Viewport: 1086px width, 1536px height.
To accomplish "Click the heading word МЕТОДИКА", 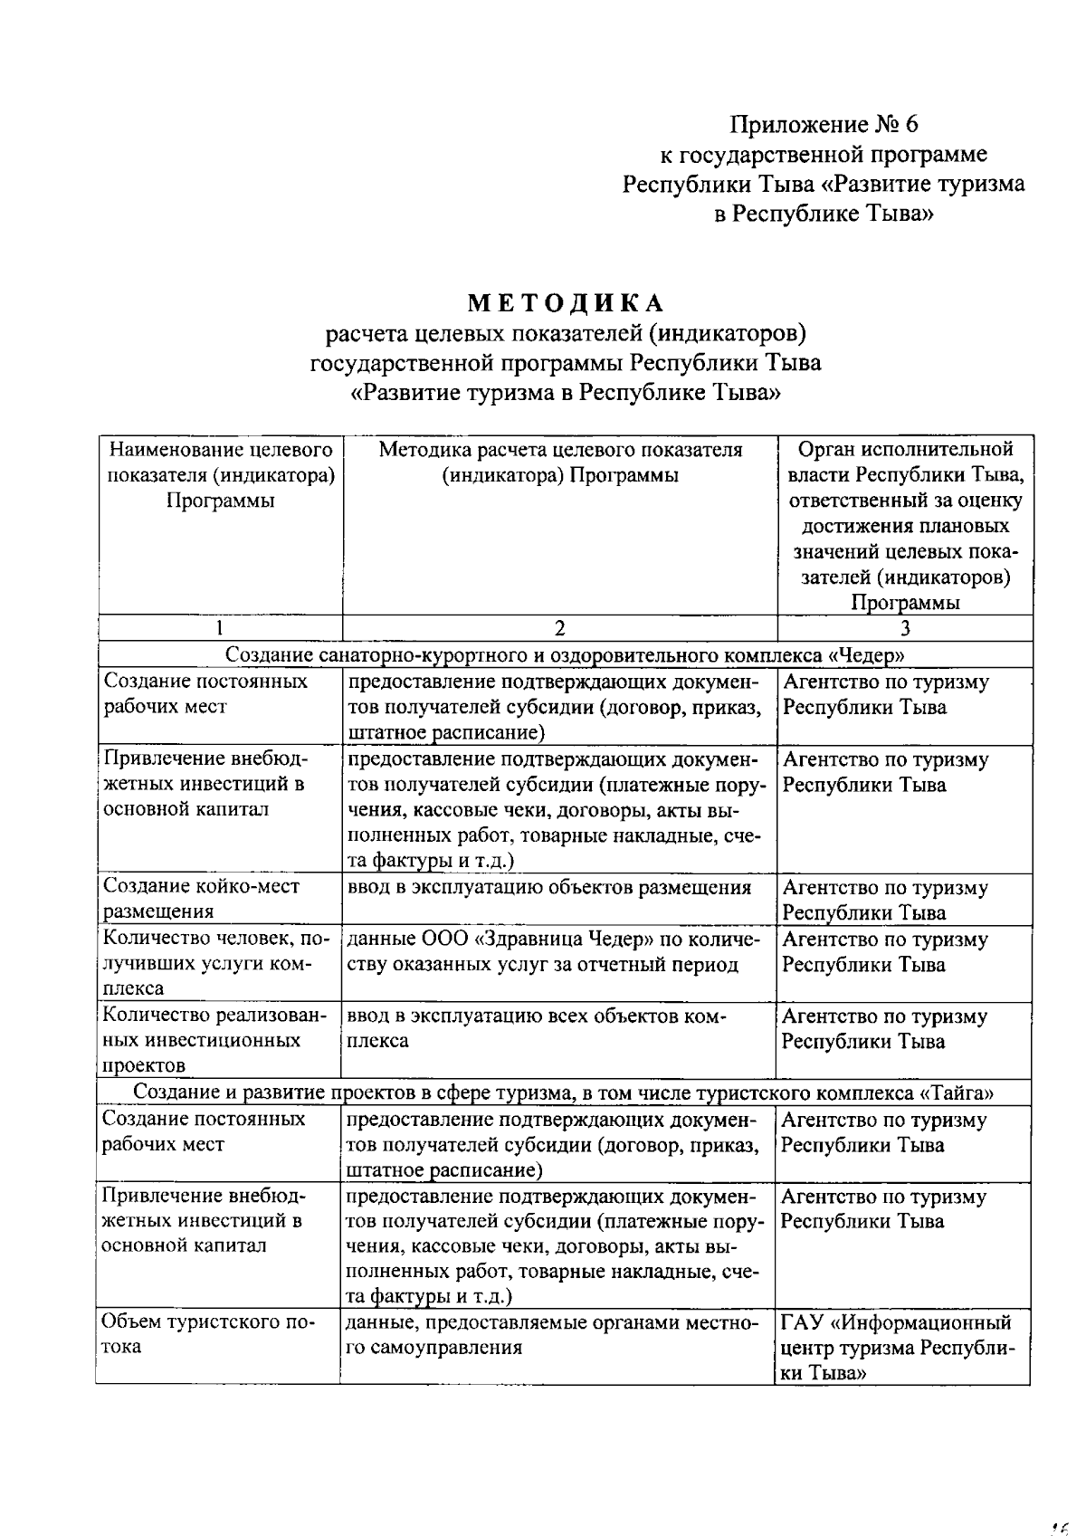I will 567,303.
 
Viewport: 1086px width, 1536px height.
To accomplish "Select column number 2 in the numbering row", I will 559,628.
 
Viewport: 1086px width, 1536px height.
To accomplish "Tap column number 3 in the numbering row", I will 904,628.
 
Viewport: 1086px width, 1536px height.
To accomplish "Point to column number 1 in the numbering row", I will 220,628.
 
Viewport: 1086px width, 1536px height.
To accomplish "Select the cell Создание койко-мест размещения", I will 202,899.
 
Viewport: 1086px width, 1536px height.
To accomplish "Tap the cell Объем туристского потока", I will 209,1334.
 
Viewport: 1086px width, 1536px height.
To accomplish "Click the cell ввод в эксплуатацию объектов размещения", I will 549,887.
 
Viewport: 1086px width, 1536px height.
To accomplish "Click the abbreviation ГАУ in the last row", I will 803,1323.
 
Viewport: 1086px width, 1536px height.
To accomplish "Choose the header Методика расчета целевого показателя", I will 559,463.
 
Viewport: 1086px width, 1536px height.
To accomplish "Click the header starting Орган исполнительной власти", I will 904,525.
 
